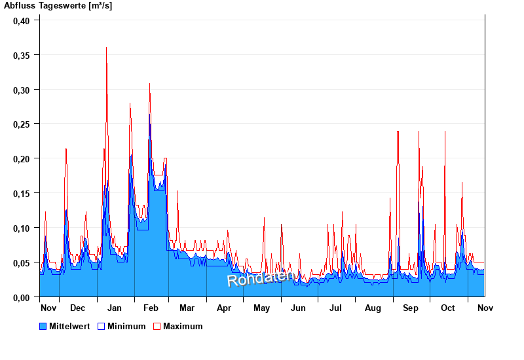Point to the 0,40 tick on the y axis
pyautogui.click(x=22, y=20)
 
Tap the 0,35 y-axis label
pyautogui.click(x=22, y=55)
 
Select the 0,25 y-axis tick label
pyautogui.click(x=22, y=124)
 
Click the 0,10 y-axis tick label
pyautogui.click(x=22, y=228)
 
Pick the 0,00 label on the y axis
pyautogui.click(x=22, y=297)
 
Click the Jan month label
pyautogui.click(x=115, y=308)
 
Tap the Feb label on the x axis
pyautogui.click(x=151, y=308)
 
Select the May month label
pyautogui.click(x=262, y=308)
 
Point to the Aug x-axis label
pyautogui.click(x=373, y=308)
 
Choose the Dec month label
pyautogui.click(x=77, y=308)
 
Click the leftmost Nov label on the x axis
pyautogui.click(x=48, y=308)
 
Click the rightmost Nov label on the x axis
pyautogui.click(x=485, y=308)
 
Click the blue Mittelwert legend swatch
pyautogui.click(x=43, y=326)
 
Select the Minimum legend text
pyautogui.click(x=126, y=326)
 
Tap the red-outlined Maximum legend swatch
pyautogui.click(x=157, y=326)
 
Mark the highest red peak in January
pyautogui.click(x=106, y=48)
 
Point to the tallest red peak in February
pyautogui.click(x=149, y=84)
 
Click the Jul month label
pyautogui.click(x=335, y=308)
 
